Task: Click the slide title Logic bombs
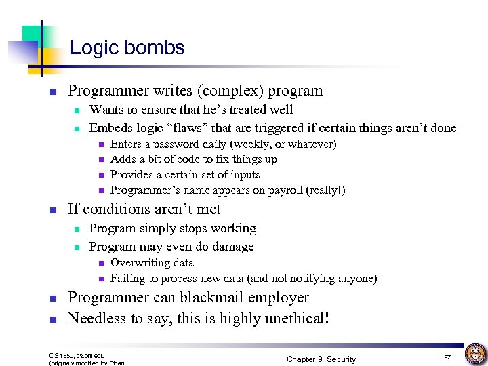(127, 47)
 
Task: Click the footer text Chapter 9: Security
(321, 359)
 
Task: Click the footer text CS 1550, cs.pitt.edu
(77, 354)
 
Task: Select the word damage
(230, 247)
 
